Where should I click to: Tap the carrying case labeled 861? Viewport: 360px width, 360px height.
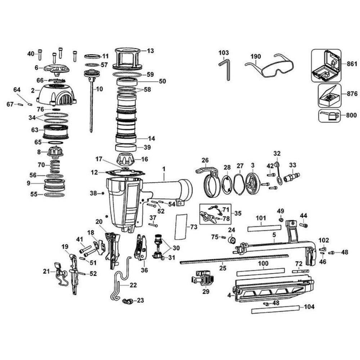coord(325,66)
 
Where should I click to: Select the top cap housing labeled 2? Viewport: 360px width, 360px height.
coord(58,94)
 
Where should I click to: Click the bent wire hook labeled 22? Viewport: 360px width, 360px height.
coord(121,281)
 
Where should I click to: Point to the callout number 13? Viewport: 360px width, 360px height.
coord(150,51)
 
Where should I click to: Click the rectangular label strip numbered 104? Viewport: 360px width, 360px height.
coord(275,309)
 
